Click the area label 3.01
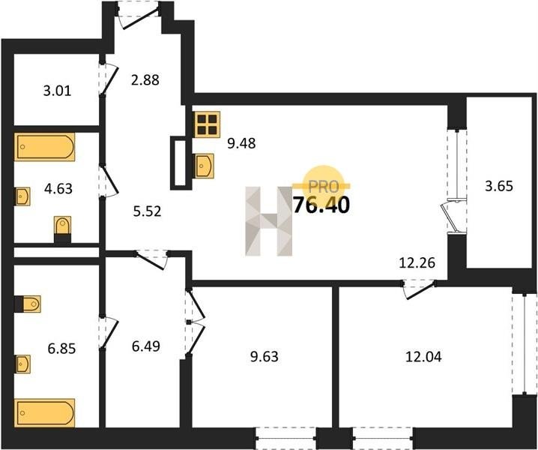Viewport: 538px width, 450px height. point(57,91)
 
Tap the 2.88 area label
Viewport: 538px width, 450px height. point(145,80)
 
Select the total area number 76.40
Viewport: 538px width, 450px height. point(322,205)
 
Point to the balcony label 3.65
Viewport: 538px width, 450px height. point(499,186)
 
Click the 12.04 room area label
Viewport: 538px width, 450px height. point(424,357)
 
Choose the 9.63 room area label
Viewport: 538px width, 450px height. point(265,356)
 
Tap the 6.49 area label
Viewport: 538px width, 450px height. point(146,346)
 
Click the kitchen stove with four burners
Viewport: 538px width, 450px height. point(206,124)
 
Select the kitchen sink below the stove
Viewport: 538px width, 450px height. point(204,166)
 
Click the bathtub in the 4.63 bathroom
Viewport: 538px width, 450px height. point(45,147)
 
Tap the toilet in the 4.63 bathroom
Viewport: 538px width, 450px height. point(62,229)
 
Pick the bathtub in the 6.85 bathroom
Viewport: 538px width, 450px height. point(45,413)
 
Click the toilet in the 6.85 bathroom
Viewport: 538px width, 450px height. point(28,304)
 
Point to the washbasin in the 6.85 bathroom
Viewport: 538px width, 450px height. point(22,364)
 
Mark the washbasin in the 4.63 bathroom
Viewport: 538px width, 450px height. point(22,196)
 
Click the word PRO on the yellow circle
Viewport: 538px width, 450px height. point(324,187)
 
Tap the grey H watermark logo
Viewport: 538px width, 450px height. point(269,221)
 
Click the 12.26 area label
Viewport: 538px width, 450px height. point(417,262)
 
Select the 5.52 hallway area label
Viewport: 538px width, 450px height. point(147,211)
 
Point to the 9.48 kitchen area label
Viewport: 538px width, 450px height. point(241,143)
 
